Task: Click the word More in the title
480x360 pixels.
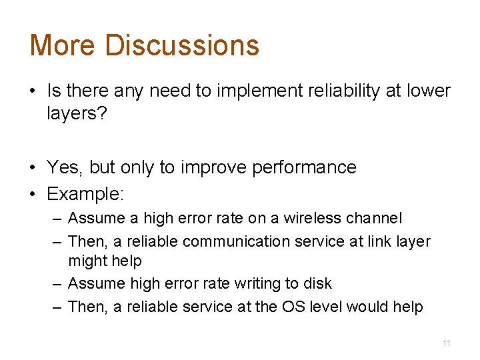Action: coord(63,45)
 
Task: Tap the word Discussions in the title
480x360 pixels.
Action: coord(181,45)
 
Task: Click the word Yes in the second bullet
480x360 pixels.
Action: coord(64,167)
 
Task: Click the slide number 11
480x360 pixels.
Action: coord(446,343)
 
